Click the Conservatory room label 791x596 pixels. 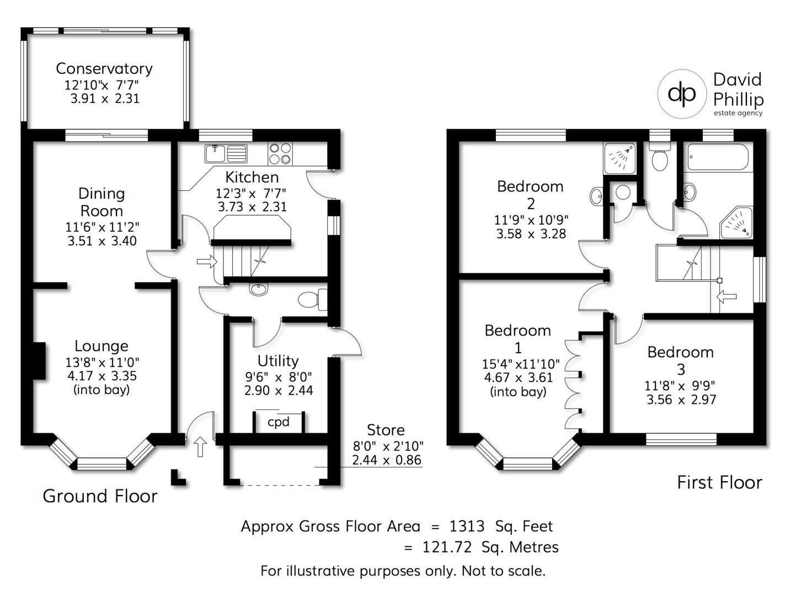point(104,69)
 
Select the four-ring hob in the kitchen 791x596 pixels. point(280,153)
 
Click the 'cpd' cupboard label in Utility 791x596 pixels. point(278,422)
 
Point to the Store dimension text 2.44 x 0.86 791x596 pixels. point(387,460)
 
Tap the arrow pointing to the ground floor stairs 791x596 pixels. point(207,262)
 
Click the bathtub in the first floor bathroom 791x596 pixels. point(718,157)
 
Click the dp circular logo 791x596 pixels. point(682,94)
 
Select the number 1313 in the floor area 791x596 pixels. point(467,526)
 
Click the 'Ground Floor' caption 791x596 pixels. point(100,496)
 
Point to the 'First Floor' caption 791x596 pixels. point(719,483)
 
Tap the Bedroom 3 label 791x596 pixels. point(680,360)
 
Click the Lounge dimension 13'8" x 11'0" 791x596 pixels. point(101,363)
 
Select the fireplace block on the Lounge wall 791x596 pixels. point(39,360)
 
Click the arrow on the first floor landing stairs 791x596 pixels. point(726,297)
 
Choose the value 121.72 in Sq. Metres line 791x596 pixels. point(447,547)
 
